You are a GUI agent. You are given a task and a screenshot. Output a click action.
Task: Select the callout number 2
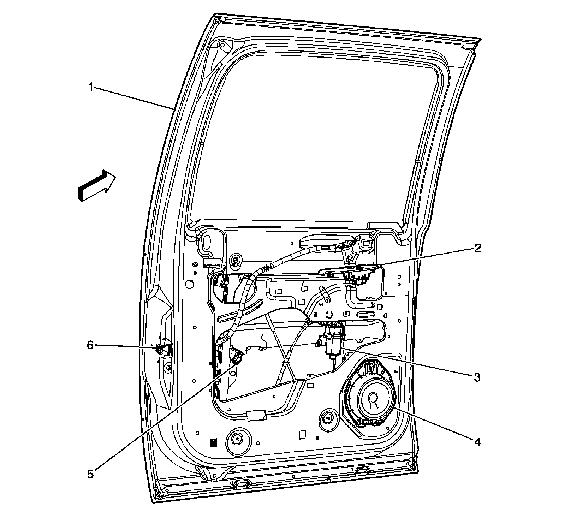click(x=477, y=248)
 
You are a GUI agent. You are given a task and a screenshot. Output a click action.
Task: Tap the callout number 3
click(x=477, y=377)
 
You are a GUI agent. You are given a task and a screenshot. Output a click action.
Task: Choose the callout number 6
click(x=91, y=345)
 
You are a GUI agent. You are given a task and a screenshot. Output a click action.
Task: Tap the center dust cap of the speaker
click(x=372, y=397)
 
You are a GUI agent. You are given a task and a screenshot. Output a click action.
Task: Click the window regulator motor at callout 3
click(x=333, y=339)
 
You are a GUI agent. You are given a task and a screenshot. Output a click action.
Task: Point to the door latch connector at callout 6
click(x=161, y=349)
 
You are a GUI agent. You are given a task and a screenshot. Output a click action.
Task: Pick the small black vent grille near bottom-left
click(x=213, y=443)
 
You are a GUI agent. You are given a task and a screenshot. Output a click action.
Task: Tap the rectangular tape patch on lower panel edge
click(x=257, y=415)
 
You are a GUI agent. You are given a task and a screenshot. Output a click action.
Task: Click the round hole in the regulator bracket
click(x=329, y=314)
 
